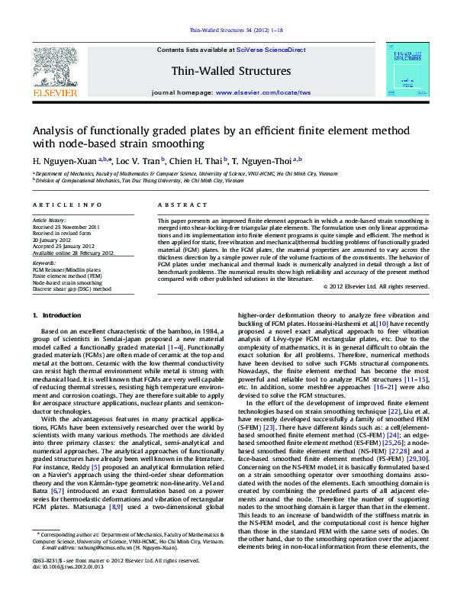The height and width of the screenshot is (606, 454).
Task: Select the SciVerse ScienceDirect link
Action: click(271, 50)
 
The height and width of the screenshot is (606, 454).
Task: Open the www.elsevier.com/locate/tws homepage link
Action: click(263, 92)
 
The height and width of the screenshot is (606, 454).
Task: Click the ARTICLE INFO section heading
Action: click(56, 206)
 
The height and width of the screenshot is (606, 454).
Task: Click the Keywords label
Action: click(44, 263)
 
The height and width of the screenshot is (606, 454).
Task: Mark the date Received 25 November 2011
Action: click(66, 227)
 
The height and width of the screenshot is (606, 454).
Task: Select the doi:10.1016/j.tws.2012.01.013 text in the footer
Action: click(66, 588)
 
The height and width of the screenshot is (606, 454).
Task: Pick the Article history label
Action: click(50, 221)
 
